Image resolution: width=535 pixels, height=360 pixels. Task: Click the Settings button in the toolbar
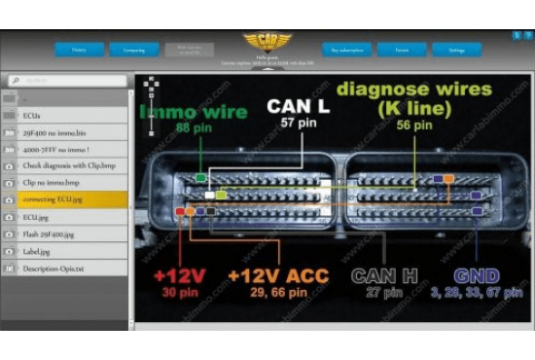click(x=456, y=49)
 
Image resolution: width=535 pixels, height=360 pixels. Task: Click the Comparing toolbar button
click(x=126, y=49)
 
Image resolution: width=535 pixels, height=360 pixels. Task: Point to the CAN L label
click(x=298, y=107)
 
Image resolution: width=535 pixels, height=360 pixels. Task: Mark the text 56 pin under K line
click(x=415, y=126)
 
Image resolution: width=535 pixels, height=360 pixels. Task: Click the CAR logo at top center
click(x=267, y=41)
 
